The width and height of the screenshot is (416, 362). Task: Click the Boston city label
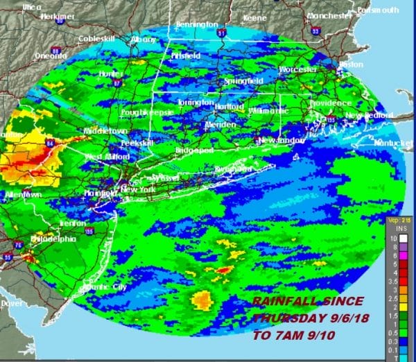coord(352,64)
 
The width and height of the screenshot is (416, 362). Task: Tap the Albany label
coord(144,40)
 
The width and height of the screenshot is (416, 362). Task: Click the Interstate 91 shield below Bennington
coord(221,32)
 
